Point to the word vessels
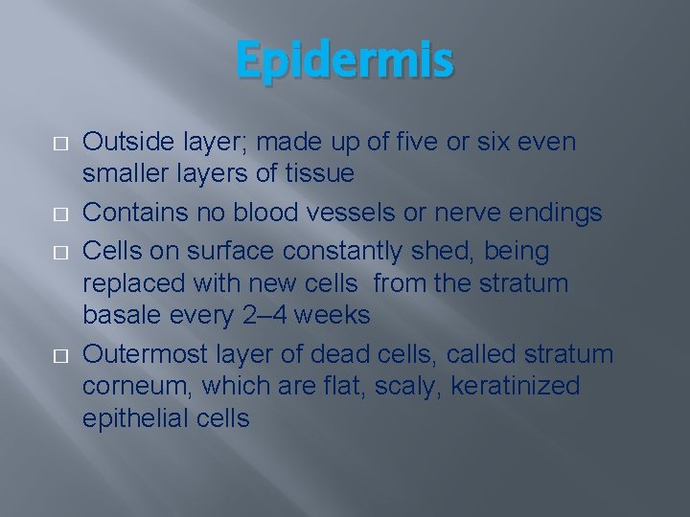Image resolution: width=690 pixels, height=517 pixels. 362,212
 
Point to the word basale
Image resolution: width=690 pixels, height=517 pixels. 120,316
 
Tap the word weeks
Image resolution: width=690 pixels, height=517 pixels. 334,316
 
